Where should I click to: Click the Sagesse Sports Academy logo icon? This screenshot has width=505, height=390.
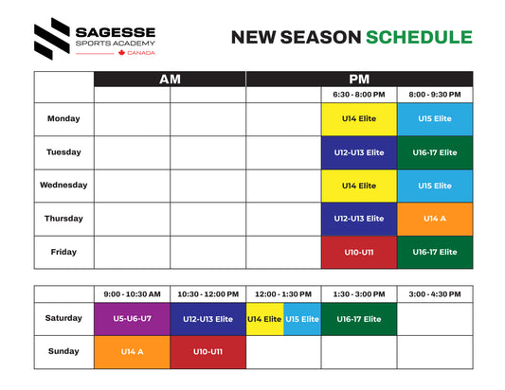click(x=51, y=39)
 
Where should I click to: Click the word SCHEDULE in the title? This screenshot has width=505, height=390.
click(x=419, y=38)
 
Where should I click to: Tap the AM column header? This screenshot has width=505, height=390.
click(x=170, y=79)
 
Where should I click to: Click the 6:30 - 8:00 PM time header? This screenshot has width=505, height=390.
click(x=359, y=95)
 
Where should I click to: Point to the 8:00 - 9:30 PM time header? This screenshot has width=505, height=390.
click(x=435, y=95)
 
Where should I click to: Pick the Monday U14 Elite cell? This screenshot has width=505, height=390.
click(x=359, y=119)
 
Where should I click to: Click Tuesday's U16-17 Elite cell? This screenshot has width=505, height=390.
click(x=435, y=152)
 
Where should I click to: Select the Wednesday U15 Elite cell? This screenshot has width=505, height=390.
click(x=435, y=186)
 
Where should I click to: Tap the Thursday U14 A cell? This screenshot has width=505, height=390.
click(x=435, y=219)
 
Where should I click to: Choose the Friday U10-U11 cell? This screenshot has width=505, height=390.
click(x=359, y=252)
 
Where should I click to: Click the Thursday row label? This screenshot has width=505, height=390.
click(x=63, y=219)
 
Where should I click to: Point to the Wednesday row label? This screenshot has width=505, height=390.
click(x=63, y=186)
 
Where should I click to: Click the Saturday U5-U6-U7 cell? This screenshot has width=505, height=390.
click(x=132, y=319)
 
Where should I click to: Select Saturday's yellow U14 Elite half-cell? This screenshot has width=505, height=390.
click(x=264, y=319)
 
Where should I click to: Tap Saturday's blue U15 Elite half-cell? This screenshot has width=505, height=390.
click(x=302, y=319)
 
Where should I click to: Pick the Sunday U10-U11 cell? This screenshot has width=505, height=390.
click(x=207, y=352)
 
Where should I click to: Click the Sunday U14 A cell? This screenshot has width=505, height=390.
click(x=132, y=352)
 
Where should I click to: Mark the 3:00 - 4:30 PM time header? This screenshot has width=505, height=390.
click(x=435, y=293)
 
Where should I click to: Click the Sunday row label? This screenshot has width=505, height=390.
click(x=63, y=352)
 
